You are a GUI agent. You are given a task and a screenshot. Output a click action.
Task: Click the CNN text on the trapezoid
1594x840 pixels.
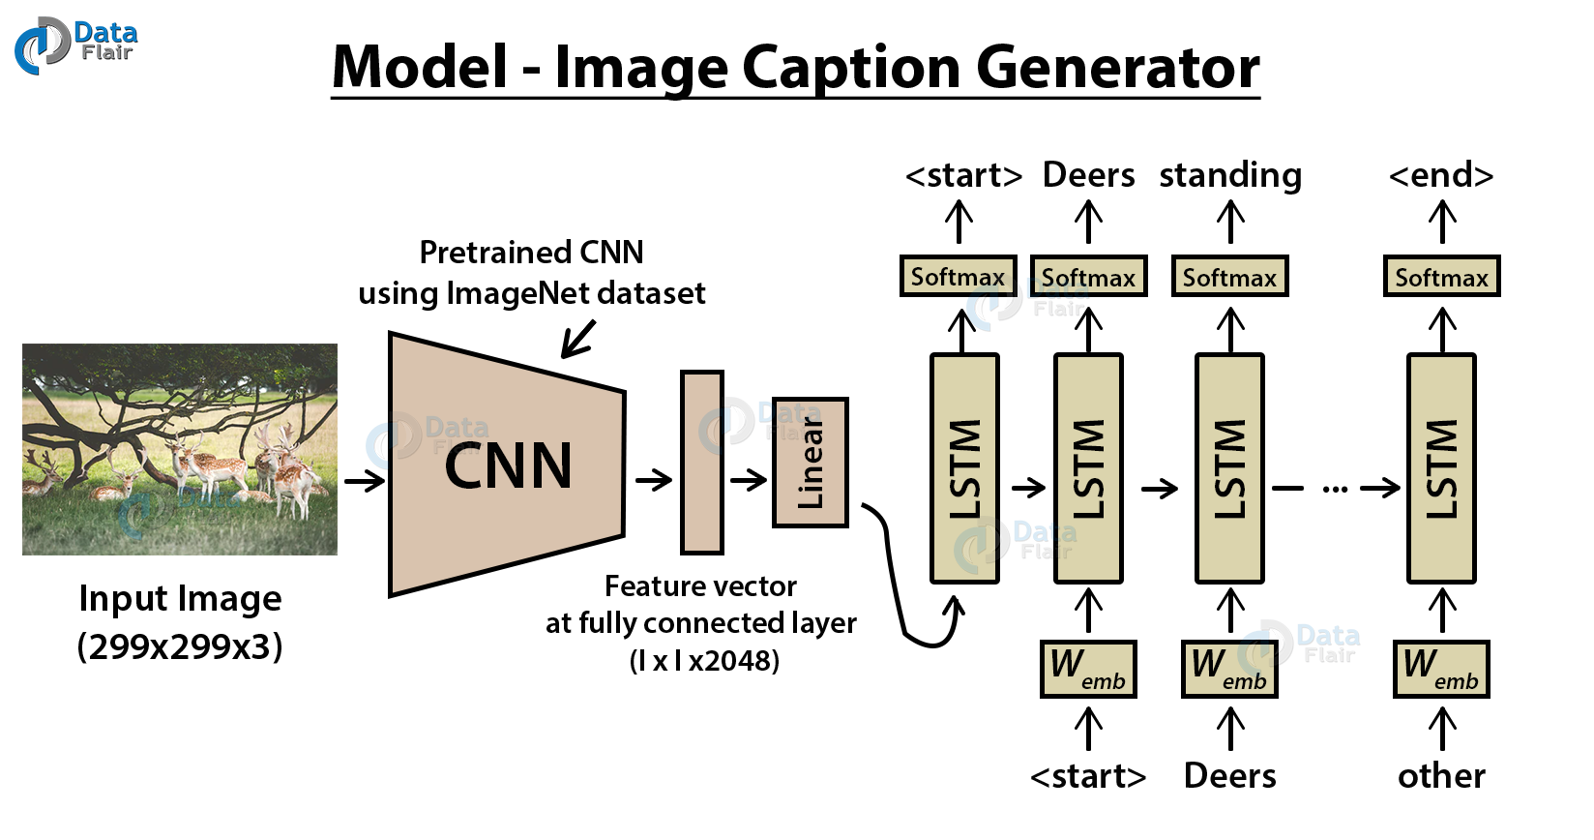(508, 465)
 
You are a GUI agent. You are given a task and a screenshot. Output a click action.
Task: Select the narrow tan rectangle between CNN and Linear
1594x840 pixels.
(702, 463)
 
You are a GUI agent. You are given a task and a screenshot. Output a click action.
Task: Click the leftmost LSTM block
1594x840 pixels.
(964, 468)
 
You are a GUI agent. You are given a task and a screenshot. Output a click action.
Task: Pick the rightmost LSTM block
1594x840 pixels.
(1441, 468)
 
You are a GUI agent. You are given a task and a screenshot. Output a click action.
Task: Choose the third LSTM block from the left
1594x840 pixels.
(1229, 468)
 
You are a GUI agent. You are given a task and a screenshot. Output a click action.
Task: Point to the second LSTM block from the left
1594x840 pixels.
(1088, 468)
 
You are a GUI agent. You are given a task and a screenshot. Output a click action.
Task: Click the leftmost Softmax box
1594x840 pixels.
(958, 277)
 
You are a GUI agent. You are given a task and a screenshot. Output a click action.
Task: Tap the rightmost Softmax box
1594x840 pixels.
(1441, 277)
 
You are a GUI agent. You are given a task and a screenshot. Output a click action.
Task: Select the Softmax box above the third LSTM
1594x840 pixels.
(1229, 277)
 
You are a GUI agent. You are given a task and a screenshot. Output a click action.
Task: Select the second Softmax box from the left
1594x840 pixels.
(1088, 277)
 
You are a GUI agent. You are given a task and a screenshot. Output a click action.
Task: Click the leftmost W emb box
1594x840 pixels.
(1088, 669)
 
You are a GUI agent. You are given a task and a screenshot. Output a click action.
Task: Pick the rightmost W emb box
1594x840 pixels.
(1441, 669)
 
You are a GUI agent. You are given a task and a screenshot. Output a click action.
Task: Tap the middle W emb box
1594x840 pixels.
(1229, 669)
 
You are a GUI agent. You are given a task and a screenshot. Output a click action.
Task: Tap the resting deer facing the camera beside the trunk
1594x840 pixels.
(123, 484)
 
